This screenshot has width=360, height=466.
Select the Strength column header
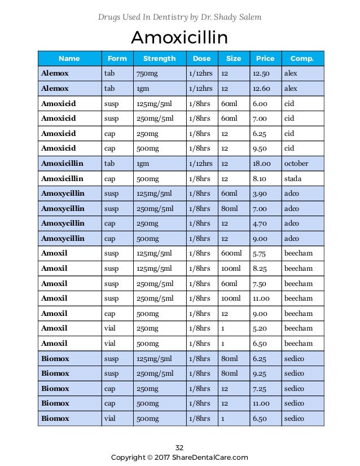tap(159, 59)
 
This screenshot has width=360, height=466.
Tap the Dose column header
tap(201, 59)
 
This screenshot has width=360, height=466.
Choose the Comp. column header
tap(302, 59)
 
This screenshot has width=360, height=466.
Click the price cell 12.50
tap(261, 73)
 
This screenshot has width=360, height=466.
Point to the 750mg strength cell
tap(146, 73)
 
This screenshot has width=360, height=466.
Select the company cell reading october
tap(296, 164)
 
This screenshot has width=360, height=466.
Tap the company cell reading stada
tap(293, 179)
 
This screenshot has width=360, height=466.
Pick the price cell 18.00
tap(262, 164)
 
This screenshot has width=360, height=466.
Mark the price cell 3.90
tap(260, 194)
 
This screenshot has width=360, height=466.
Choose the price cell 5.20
tap(260, 328)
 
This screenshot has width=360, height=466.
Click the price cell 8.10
tap(260, 179)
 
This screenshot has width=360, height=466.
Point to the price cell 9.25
tap(260, 373)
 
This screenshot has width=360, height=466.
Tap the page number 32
tap(179, 447)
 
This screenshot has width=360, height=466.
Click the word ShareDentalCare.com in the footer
tap(212, 458)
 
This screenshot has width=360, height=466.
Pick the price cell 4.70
tap(260, 223)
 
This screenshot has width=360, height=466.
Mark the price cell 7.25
tap(260, 389)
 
